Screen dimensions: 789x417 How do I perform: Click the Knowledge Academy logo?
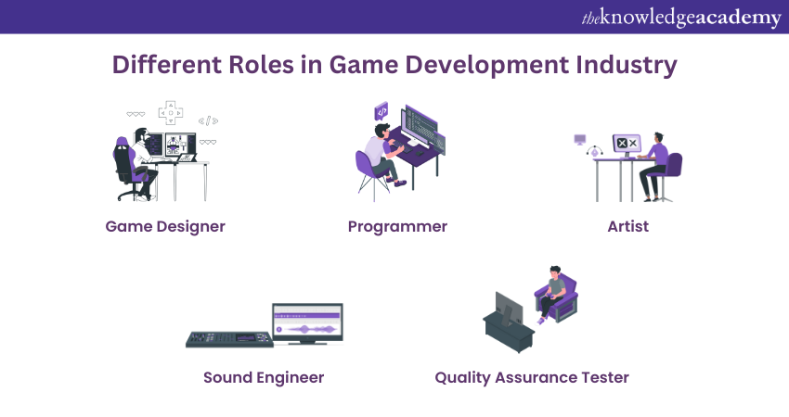pos(681,18)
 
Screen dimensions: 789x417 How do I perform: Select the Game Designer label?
pos(165,227)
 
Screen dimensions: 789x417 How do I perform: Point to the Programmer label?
pos(397,227)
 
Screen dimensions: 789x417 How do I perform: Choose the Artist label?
pos(628,227)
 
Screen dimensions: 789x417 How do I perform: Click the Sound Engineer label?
pos(264,378)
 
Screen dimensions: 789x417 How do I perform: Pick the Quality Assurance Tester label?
pos(532,378)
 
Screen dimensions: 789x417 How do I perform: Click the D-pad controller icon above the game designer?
pos(171,113)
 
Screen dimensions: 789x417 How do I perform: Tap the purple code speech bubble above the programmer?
pos(382,111)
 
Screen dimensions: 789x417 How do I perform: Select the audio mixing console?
pos(229,339)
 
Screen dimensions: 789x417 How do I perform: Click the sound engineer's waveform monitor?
pos(307,323)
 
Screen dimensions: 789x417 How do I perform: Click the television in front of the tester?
pos(509,308)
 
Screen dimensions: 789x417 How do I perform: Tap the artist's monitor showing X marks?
pos(627,145)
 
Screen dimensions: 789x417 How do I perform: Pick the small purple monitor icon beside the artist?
pos(580,139)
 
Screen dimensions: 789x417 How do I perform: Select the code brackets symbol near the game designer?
pos(208,120)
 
